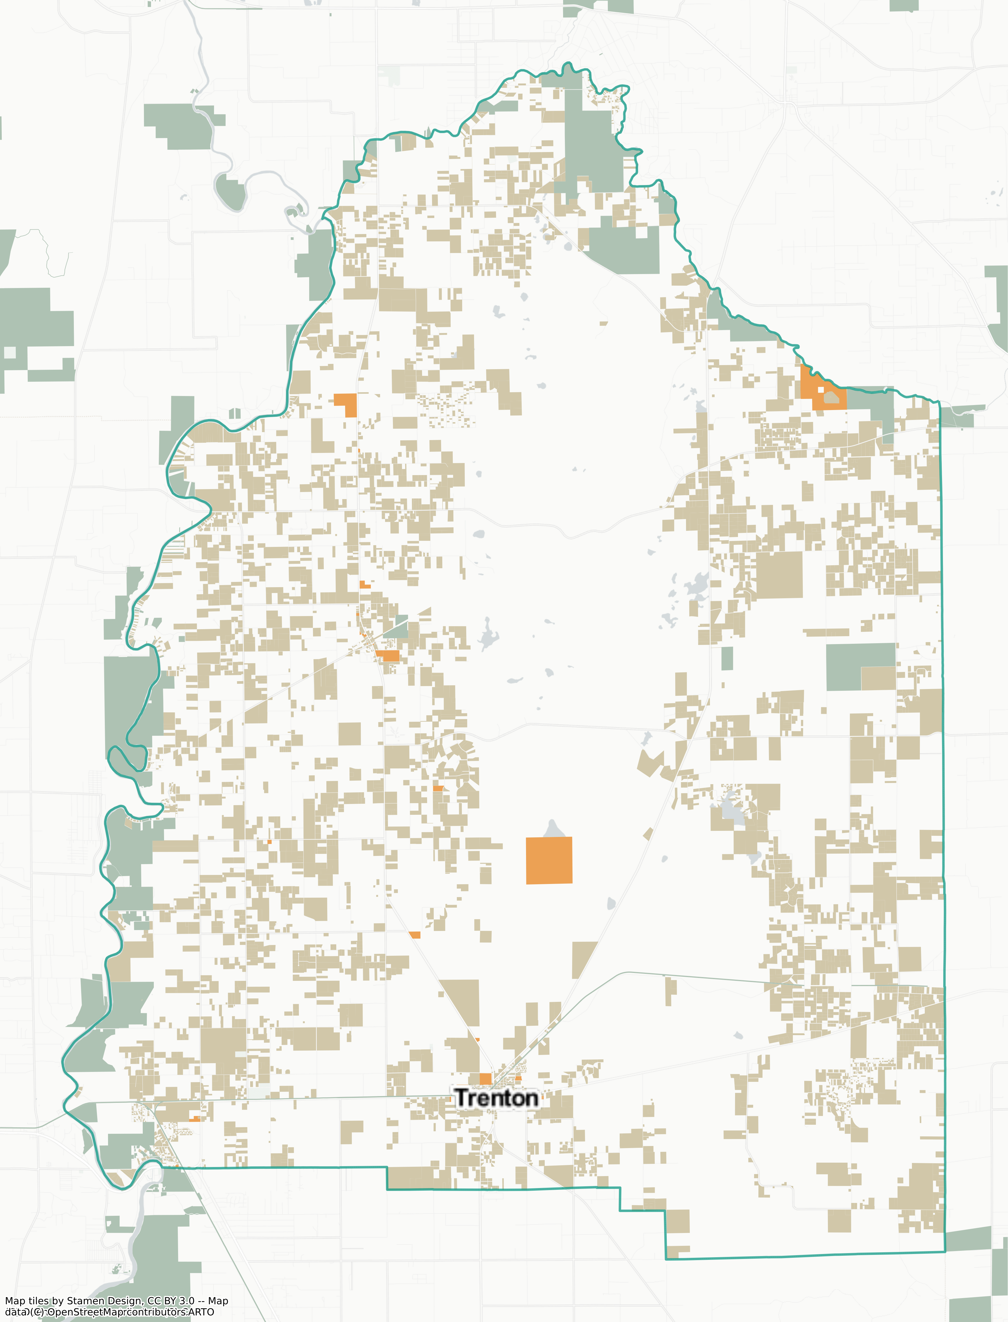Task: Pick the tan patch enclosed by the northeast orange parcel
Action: point(831,397)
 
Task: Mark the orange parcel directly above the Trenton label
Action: point(485,1079)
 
